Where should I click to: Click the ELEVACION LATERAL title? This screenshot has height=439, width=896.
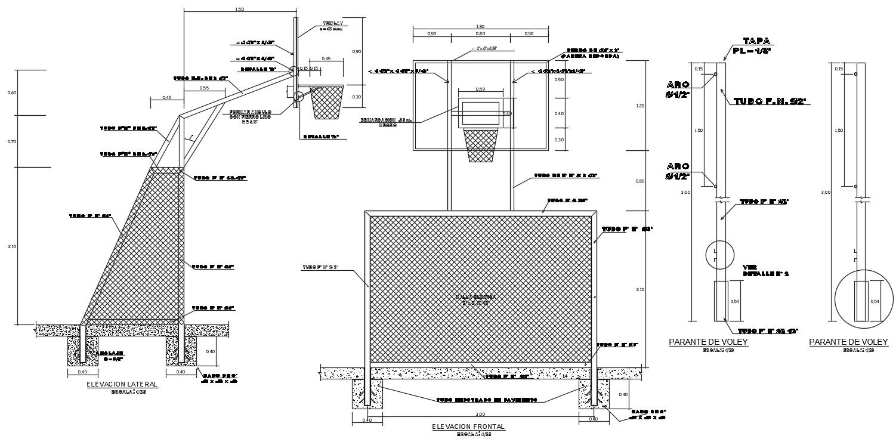point(122,384)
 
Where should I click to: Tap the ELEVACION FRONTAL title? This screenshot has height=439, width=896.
point(468,426)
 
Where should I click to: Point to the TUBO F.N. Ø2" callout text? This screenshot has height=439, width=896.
point(770,101)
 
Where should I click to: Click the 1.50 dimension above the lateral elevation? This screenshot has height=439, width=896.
point(240,9)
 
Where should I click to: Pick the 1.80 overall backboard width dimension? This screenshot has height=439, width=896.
point(480,26)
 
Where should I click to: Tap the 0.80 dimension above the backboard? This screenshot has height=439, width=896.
point(480,34)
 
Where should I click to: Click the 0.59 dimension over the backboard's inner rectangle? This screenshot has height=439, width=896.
point(480,89)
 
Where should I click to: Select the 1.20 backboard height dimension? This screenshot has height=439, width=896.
point(641,106)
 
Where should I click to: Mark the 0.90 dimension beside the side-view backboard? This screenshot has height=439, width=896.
point(357,52)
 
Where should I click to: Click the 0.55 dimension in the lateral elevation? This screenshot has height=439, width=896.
point(205,88)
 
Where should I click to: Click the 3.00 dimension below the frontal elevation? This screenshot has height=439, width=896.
point(480,414)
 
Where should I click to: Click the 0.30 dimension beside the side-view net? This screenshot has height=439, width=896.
point(357,97)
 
